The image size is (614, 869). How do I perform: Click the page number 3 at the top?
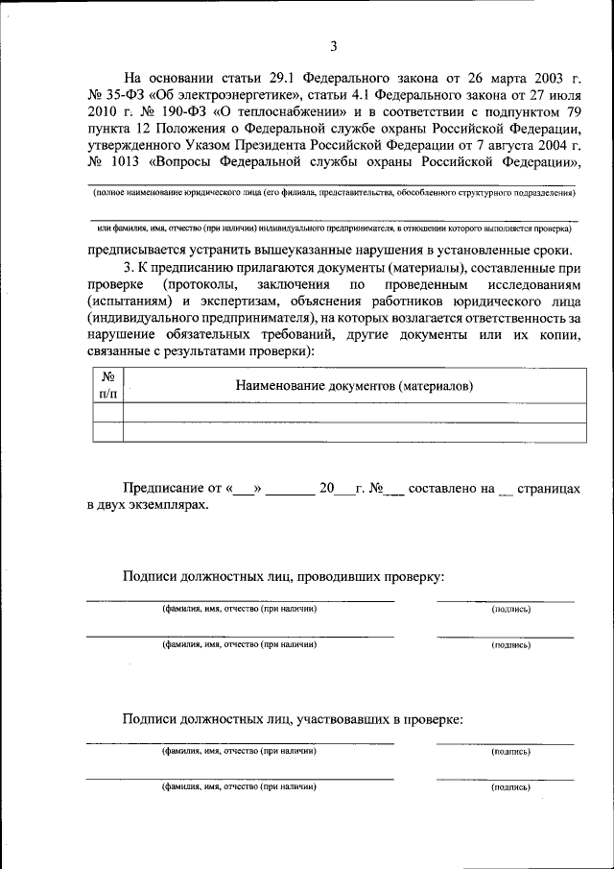click(x=333, y=46)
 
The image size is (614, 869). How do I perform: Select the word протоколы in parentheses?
click(x=204, y=286)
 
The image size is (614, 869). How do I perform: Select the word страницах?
click(x=549, y=489)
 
